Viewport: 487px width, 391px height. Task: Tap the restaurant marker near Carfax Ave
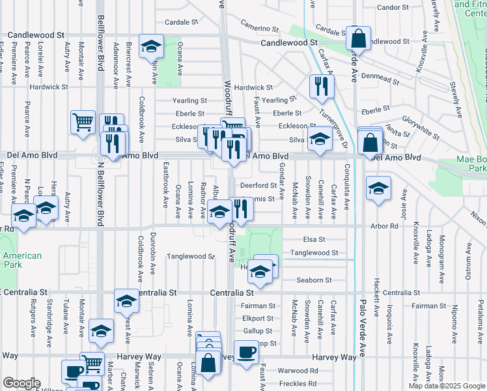pos(321,87)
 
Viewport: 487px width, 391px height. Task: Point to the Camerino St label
pos(259,28)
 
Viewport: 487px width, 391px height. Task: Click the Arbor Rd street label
pos(385,225)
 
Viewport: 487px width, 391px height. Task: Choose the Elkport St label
pos(257,319)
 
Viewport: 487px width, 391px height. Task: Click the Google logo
pos(21,383)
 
